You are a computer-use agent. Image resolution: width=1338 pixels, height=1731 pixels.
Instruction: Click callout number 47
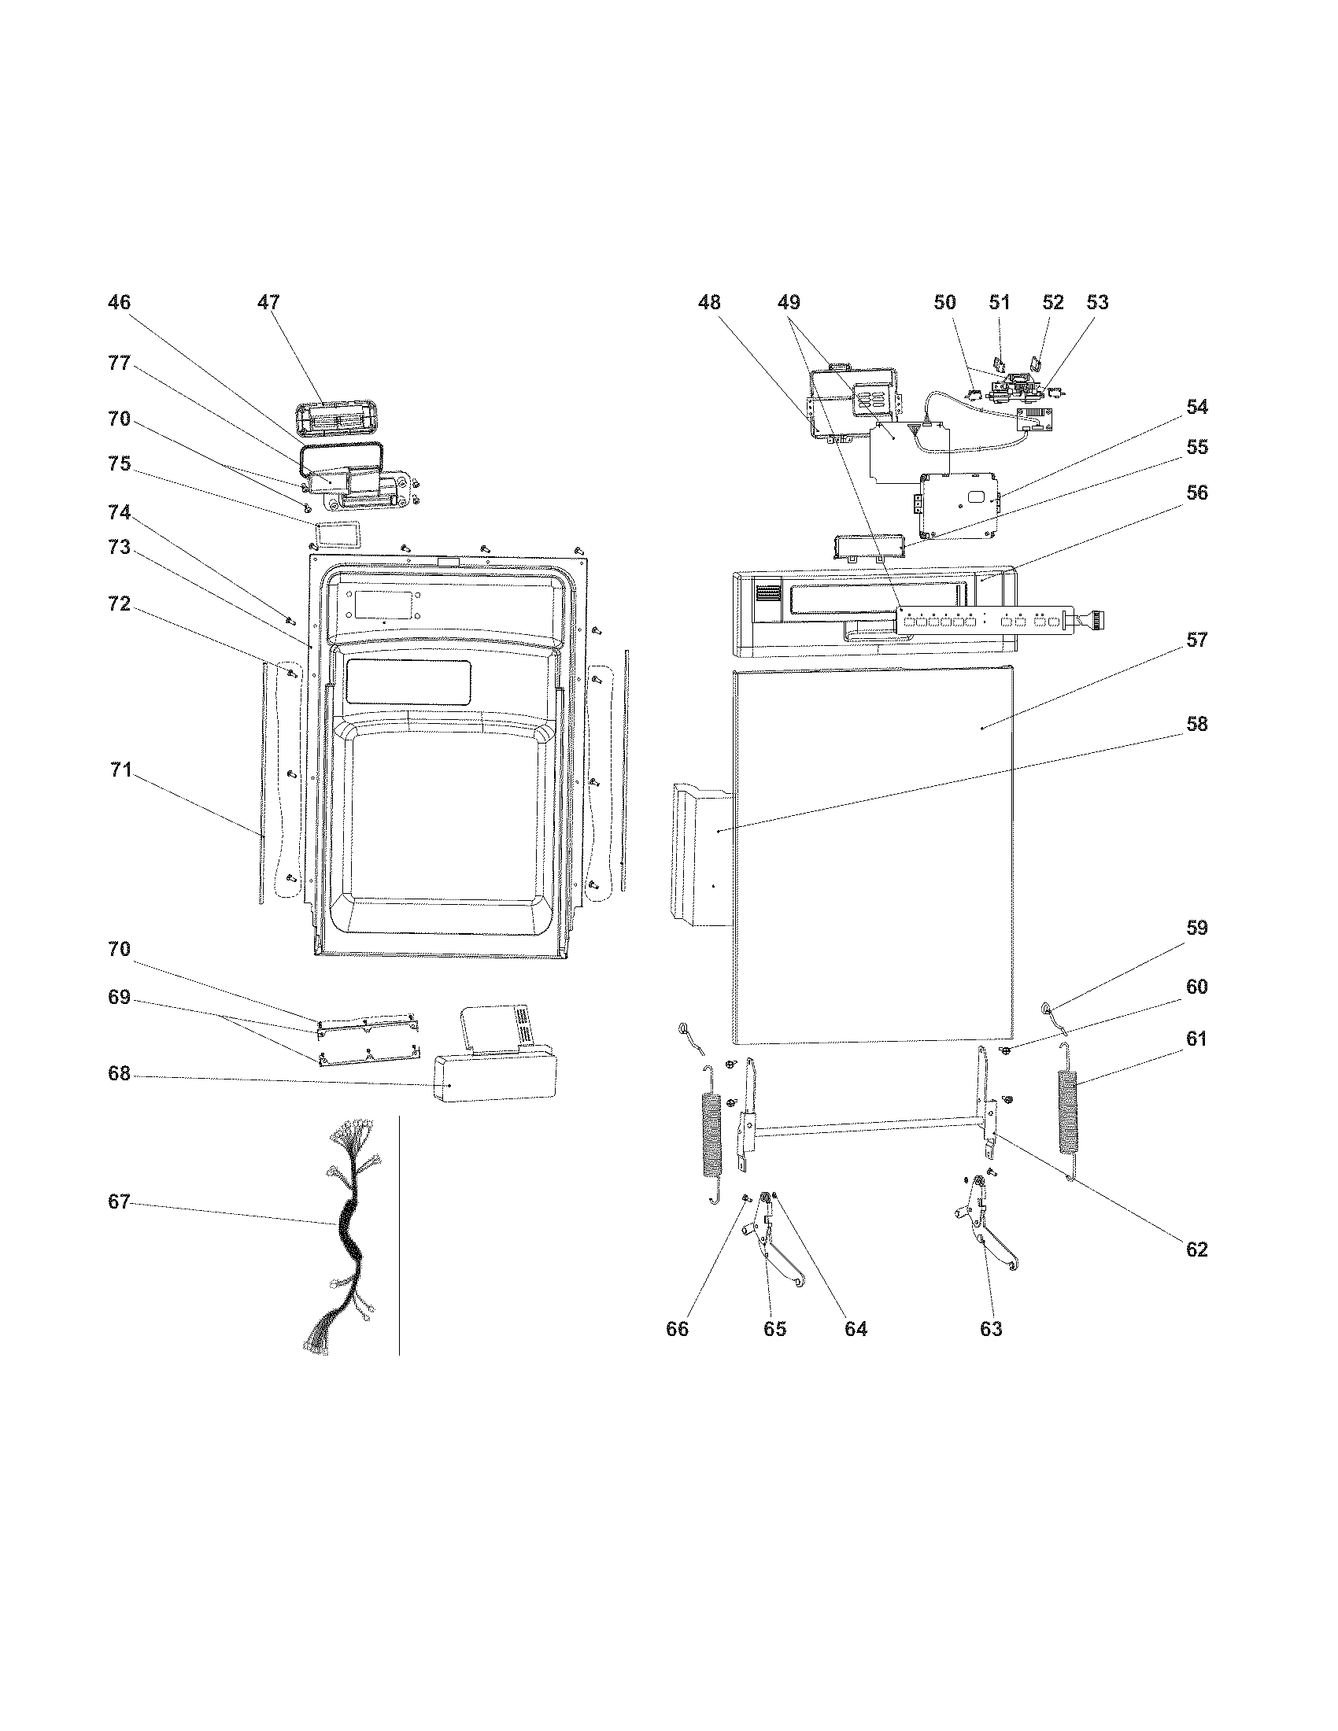268,302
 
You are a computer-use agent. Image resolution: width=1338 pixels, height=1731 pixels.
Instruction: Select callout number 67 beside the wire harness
119,1202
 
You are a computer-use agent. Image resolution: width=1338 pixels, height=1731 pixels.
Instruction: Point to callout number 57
1196,640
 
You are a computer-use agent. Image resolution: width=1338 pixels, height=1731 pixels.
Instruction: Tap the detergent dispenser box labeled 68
491,1078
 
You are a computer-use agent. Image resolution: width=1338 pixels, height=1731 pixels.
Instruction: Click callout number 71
120,770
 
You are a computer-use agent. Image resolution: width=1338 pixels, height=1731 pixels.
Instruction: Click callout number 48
709,302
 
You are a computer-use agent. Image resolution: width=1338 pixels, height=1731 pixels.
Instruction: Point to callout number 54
1196,407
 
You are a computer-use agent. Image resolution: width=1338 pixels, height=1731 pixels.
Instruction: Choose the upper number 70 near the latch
119,419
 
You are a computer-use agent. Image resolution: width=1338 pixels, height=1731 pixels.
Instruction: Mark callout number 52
1052,302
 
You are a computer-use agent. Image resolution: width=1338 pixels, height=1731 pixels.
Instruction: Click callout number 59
1196,928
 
